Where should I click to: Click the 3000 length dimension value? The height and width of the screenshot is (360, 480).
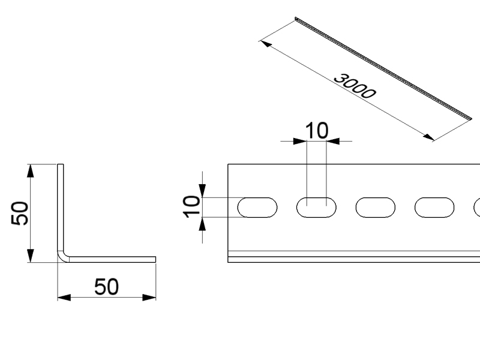355,86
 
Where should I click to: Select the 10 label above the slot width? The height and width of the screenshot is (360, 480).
317,131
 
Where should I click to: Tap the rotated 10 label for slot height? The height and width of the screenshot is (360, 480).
191,206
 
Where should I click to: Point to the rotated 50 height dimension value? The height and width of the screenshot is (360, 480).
19,213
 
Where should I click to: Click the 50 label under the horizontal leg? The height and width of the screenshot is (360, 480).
106,287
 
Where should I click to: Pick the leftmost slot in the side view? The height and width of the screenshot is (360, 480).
257,208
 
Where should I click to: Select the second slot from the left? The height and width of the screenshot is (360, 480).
316,208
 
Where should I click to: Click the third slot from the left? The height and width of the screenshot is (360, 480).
376,208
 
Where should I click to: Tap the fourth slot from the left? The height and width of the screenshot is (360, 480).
434,208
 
